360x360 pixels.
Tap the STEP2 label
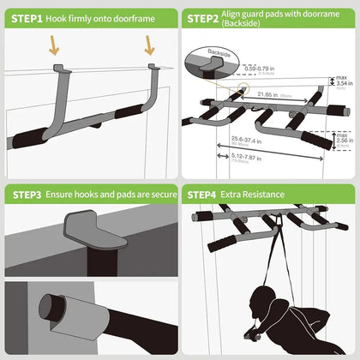click(203, 17)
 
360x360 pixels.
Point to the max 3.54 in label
click(340, 82)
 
